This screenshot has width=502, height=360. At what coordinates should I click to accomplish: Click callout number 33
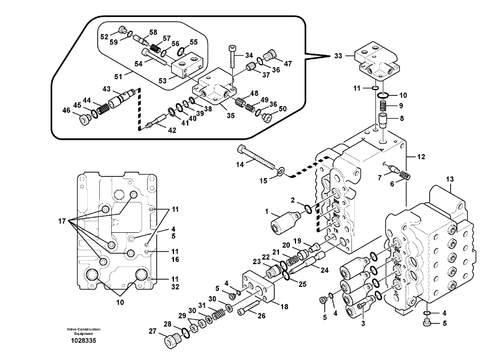click(x=339, y=56)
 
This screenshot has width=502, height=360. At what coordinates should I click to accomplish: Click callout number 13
click(x=450, y=179)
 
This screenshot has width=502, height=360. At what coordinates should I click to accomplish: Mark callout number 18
click(x=284, y=306)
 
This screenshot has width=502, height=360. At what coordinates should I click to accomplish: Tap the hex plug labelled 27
click(x=172, y=342)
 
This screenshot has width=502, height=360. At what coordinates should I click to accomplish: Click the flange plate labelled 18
click(x=261, y=292)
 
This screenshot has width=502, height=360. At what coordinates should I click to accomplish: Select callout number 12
click(x=422, y=156)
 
